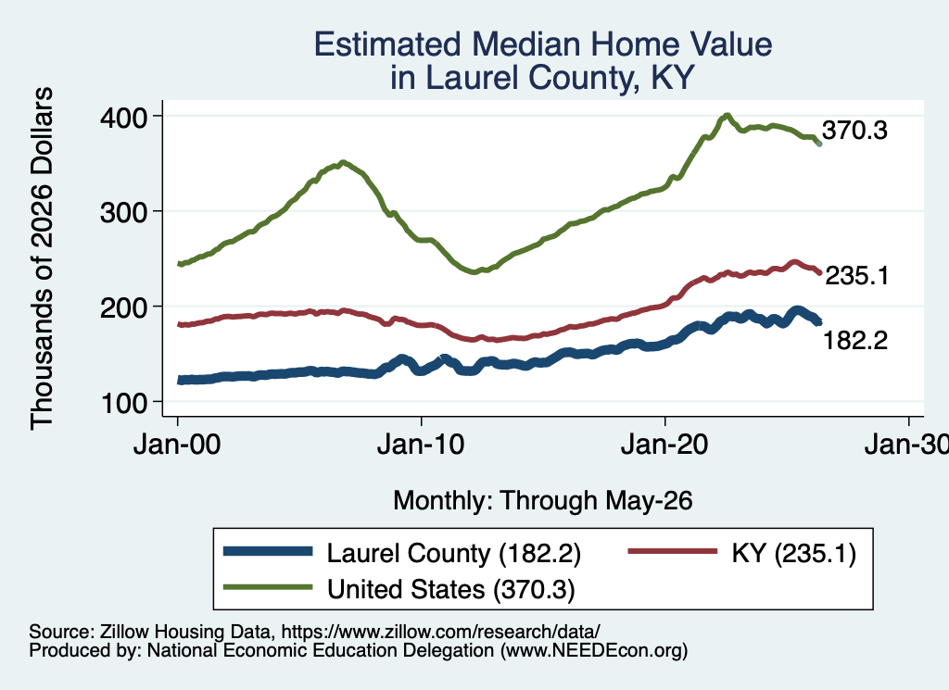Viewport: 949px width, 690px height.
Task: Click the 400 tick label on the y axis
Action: click(x=123, y=118)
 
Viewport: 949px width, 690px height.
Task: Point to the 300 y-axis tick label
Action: click(x=123, y=212)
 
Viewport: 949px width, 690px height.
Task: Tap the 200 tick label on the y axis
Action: click(x=123, y=307)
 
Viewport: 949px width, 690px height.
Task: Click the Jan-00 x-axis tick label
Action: click(x=177, y=445)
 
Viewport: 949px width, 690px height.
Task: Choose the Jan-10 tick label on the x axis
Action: click(x=421, y=445)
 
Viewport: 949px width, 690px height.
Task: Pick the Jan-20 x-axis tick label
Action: click(x=664, y=445)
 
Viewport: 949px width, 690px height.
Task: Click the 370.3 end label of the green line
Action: click(x=854, y=130)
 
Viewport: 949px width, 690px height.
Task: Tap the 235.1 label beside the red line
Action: click(x=857, y=276)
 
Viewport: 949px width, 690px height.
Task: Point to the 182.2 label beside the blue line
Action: click(x=855, y=341)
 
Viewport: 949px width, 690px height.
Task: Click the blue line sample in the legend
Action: click(x=268, y=551)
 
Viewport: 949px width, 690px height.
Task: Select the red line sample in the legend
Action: click(x=673, y=551)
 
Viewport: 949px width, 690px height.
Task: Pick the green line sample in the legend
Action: click(x=268, y=587)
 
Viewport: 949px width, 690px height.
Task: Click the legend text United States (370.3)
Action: click(x=451, y=589)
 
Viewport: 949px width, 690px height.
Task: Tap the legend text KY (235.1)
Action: click(x=793, y=553)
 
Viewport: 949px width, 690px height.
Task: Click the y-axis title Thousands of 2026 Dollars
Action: click(x=42, y=258)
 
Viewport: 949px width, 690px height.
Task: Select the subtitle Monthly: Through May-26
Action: click(x=543, y=501)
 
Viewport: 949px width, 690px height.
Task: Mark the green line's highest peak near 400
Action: click(x=727, y=115)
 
